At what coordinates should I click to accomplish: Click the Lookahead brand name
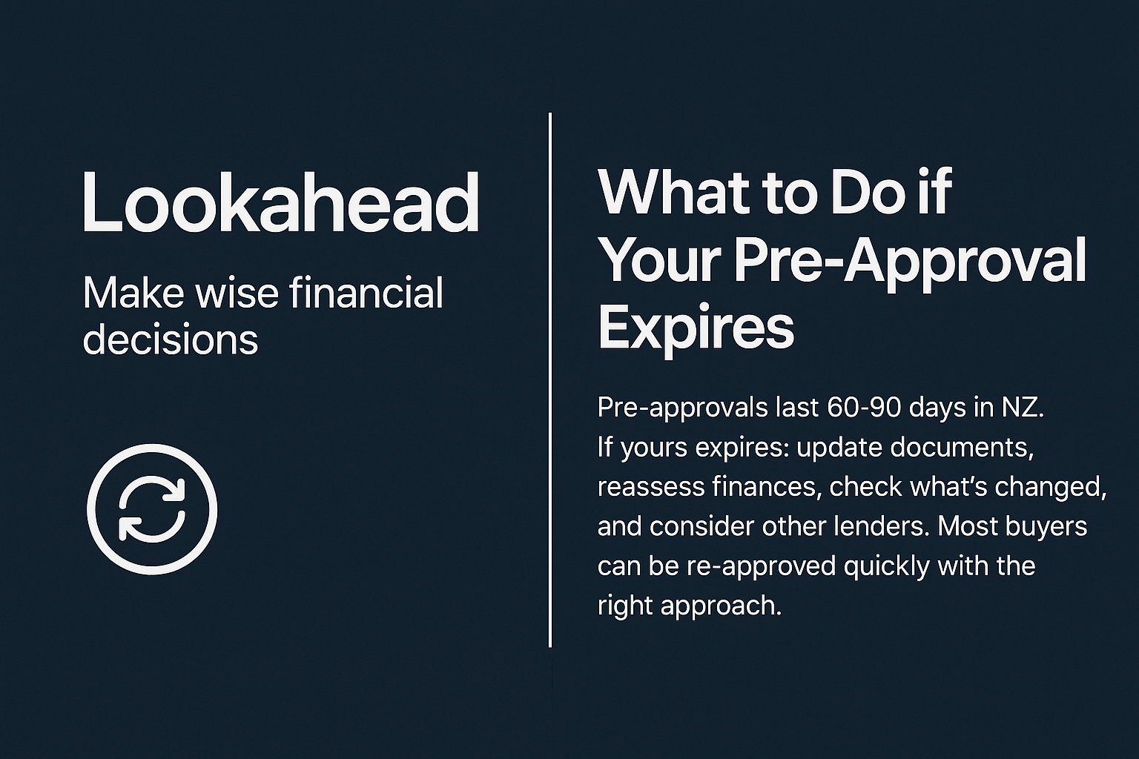[x=280, y=202]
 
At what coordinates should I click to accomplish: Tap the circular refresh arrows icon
[x=152, y=509]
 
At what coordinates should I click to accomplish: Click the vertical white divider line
[x=550, y=379]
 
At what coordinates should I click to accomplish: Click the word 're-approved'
[x=761, y=566]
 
